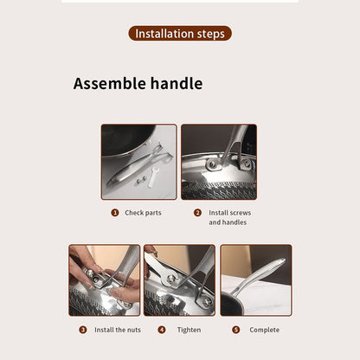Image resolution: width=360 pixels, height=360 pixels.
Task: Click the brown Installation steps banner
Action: (180, 34)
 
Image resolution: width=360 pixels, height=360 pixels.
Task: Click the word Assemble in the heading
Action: (110, 83)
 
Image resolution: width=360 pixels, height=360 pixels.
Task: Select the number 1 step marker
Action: (115, 213)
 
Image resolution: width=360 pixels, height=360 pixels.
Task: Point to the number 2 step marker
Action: (197, 213)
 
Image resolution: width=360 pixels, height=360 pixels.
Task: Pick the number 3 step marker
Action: (83, 330)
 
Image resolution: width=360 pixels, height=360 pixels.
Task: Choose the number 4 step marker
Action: (162, 330)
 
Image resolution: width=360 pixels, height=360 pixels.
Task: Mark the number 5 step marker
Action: (236, 330)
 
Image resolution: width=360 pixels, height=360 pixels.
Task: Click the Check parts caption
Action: (143, 213)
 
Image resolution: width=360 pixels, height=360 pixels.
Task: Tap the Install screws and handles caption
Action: (229, 217)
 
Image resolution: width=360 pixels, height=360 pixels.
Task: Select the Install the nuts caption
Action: (118, 330)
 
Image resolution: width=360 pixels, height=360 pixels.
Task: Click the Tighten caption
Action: (189, 330)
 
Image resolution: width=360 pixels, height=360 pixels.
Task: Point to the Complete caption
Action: (264, 330)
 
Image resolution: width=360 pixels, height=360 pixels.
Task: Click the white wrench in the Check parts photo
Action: (153, 177)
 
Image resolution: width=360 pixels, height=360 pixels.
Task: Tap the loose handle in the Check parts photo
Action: (138, 167)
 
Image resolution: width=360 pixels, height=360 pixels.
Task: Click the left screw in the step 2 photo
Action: (212, 164)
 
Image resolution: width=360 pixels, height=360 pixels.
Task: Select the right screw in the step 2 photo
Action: (247, 164)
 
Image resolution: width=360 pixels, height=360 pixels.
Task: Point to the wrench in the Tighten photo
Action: (159, 270)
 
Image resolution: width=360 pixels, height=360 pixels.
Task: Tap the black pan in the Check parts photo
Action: (128, 140)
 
